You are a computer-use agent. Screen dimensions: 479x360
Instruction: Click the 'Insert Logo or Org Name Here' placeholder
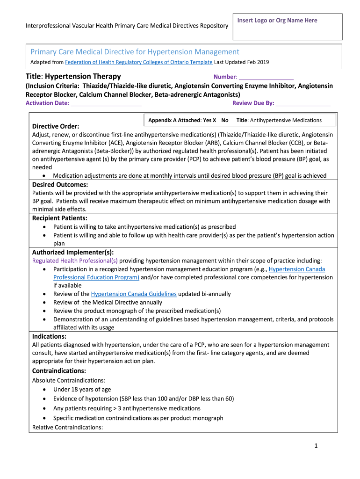[277, 21]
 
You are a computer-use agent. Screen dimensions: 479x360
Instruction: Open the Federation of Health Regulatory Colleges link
[138, 62]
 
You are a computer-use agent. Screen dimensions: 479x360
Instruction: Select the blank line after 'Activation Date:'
[106, 103]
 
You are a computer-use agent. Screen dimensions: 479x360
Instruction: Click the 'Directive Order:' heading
[55, 127]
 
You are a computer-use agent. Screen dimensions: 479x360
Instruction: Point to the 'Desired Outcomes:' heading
[60, 185]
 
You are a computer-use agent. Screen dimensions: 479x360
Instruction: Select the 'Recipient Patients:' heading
[59, 218]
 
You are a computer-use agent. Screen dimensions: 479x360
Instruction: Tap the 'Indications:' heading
[49, 336]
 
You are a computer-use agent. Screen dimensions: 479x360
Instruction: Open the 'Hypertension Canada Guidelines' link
[134, 294]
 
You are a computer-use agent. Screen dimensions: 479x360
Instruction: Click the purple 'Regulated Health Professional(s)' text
[75, 261]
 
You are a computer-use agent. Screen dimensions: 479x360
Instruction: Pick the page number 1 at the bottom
[316, 446]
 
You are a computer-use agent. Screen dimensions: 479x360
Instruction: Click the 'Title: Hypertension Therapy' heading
[73, 76]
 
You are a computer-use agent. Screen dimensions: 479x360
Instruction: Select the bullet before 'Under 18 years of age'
[44, 389]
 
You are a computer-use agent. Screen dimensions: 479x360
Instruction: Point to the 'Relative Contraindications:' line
[67, 427]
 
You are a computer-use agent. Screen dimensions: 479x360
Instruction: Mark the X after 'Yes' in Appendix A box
[214, 120]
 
